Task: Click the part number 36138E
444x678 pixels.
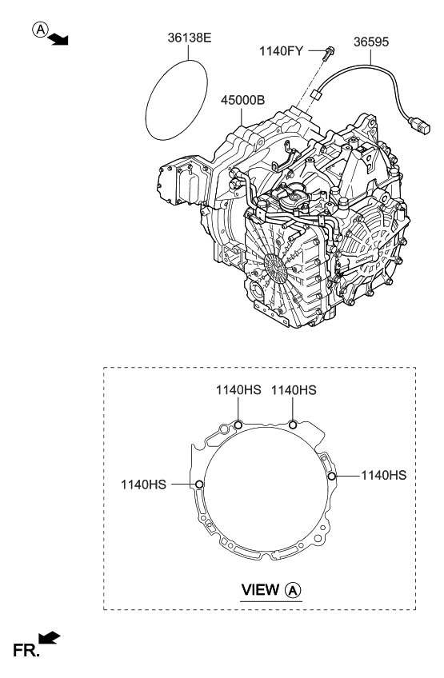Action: [x=190, y=38]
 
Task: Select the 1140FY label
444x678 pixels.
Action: [x=282, y=51]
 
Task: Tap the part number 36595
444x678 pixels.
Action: [x=371, y=42]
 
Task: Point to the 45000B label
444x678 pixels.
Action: [x=242, y=100]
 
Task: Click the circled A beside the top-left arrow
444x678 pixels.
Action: [x=40, y=30]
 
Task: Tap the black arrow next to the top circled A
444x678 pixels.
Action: [x=58, y=38]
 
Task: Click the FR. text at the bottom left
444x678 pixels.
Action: [x=26, y=650]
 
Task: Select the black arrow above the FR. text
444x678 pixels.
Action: [x=50, y=638]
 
